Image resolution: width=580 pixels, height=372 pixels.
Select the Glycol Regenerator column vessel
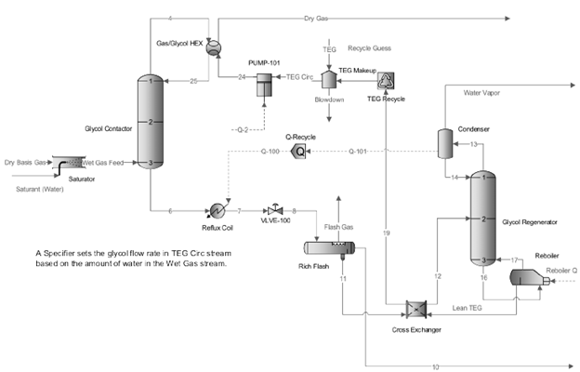(484, 218)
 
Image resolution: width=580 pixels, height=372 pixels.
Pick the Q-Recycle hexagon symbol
(299, 150)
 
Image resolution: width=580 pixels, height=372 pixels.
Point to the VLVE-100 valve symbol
(274, 210)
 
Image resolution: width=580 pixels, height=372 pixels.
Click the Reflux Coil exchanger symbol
(217, 210)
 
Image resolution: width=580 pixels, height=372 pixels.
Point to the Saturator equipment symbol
(67, 165)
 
